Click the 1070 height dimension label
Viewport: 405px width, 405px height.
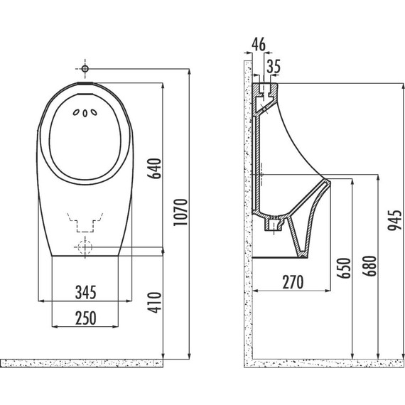[180, 212]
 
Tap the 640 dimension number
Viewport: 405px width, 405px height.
[154, 168]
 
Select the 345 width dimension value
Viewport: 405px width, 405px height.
[86, 292]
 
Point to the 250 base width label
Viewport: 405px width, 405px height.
[86, 318]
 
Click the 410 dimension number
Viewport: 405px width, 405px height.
[154, 303]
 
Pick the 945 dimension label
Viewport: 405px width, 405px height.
[395, 220]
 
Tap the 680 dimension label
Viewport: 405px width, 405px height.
[369, 266]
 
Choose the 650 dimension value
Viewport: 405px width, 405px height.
[344, 268]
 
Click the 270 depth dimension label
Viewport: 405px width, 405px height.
[293, 282]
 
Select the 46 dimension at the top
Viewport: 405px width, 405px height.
[259, 44]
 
